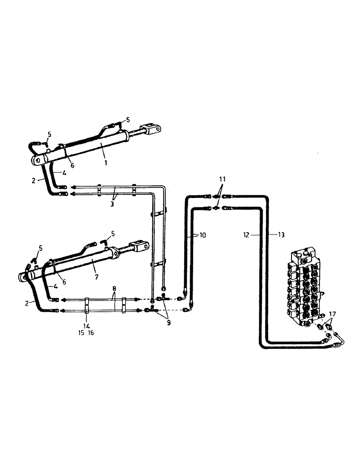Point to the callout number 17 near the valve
pos(332,314)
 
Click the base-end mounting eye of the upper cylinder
pos(36,160)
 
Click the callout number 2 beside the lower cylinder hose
pos(28,303)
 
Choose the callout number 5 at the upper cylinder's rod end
pos(128,120)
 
